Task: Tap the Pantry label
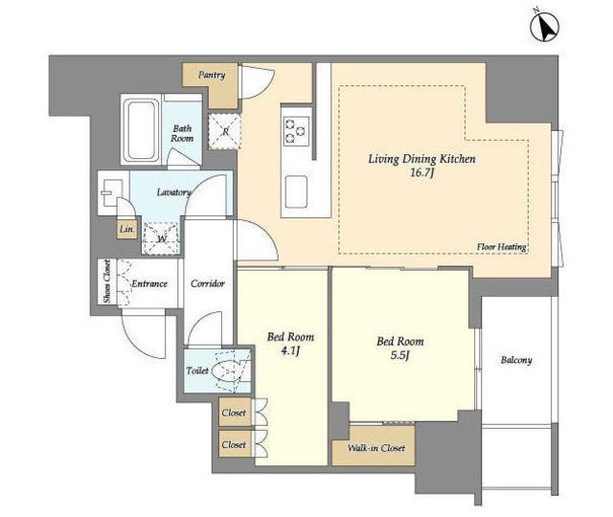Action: point(211,75)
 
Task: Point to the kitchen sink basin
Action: point(296,191)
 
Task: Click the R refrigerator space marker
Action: point(224,131)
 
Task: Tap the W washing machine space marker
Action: point(162,238)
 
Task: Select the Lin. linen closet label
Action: point(126,230)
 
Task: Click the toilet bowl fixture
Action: point(225,371)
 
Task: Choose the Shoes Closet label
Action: point(106,281)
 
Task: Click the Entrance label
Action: point(149,283)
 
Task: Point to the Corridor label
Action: point(208,283)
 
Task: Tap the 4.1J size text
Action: point(290,351)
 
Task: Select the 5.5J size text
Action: point(399,355)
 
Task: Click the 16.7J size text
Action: point(421,172)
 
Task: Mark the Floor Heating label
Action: point(501,247)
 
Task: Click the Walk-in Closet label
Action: point(376,448)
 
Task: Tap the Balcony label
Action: point(516,360)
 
